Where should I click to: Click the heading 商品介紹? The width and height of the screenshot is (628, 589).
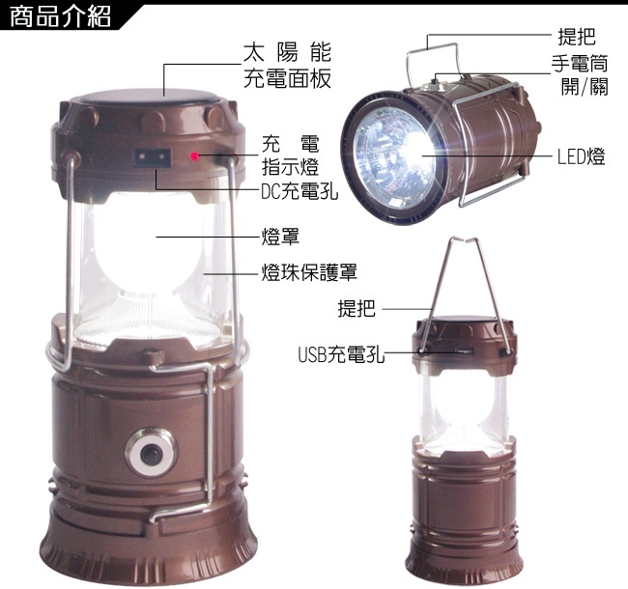click(61, 16)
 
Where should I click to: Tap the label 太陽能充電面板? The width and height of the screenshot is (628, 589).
click(287, 66)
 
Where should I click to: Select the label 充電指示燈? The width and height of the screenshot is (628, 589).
click(291, 155)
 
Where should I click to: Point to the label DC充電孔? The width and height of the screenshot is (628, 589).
click(300, 191)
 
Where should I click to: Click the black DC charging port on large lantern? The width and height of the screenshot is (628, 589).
click(152, 157)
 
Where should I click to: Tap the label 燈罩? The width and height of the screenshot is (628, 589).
click(280, 237)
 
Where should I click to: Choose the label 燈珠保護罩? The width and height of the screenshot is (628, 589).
click(309, 272)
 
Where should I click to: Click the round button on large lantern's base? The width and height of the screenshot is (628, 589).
click(151, 453)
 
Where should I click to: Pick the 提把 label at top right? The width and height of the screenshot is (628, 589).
click(577, 37)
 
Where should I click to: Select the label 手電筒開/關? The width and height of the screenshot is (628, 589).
click(580, 74)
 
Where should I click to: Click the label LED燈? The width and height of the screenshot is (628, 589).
click(581, 156)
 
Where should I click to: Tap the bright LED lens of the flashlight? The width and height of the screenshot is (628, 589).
click(394, 156)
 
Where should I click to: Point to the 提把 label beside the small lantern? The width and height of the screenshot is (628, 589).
click(357, 309)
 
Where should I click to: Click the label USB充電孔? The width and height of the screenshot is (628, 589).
click(341, 354)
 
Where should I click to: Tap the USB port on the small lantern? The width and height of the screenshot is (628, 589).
click(464, 352)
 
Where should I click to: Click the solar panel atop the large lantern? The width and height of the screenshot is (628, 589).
click(150, 96)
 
